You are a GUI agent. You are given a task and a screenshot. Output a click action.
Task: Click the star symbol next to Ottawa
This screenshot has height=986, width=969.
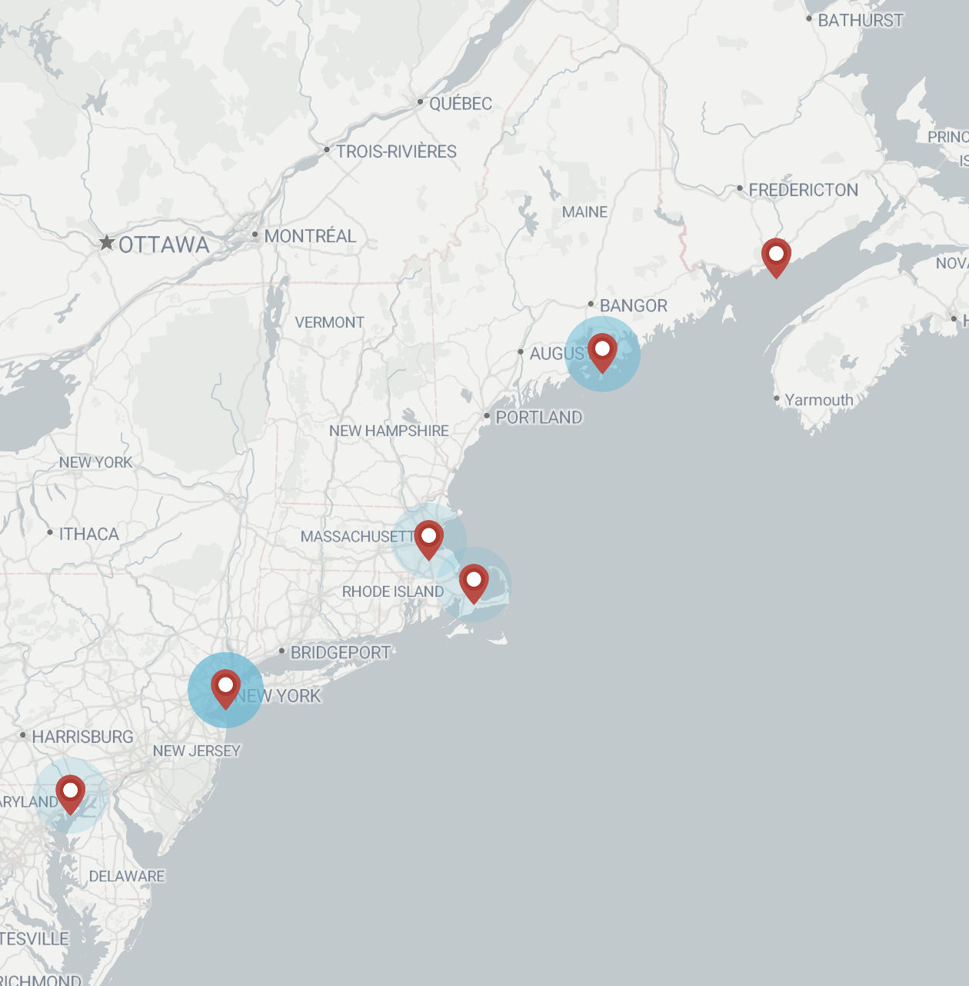point(107,243)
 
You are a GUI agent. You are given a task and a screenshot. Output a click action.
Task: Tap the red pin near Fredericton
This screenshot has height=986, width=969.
point(776,255)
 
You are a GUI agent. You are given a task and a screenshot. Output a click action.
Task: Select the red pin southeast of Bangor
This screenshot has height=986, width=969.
point(602,351)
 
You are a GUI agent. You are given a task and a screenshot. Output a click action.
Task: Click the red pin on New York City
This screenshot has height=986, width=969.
point(225,687)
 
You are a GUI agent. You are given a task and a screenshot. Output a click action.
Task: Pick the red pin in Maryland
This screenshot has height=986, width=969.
point(70,792)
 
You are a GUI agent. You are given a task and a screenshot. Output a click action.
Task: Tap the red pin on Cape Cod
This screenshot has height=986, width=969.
point(474,581)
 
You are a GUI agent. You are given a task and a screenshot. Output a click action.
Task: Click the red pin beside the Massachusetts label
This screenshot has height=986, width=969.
point(428,538)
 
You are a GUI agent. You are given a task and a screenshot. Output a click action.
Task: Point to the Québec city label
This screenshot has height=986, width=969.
point(460,103)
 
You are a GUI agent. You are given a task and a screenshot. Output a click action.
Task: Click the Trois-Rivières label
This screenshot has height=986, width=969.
point(396,152)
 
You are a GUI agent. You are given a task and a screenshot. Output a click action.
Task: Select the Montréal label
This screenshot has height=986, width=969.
point(310,236)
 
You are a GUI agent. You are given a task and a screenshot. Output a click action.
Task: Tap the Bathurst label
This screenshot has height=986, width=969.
point(860,21)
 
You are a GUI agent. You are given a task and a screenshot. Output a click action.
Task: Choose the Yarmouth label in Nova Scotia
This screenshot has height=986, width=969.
point(818,400)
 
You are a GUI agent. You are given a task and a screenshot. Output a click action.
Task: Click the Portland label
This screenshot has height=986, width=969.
point(538,418)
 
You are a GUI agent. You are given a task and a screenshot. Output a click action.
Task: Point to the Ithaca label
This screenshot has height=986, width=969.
point(88,534)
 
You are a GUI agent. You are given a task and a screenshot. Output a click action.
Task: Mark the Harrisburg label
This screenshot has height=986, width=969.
point(82,737)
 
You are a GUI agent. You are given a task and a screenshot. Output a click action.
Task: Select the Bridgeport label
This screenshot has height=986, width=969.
point(340,653)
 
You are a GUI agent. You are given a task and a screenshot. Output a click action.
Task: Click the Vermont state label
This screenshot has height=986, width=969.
point(329,322)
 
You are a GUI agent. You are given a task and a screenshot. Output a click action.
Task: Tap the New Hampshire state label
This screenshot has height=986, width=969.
point(388,431)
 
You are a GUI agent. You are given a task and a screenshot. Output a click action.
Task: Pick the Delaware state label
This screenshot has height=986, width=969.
point(126,876)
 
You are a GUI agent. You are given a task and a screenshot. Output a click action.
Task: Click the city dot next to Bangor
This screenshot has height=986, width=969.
point(591,305)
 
